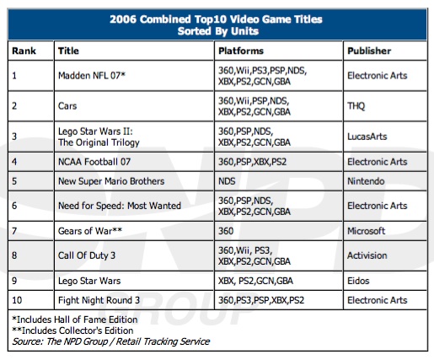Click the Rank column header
pyautogui.click(x=24, y=51)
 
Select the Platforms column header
pyautogui.click(x=241, y=51)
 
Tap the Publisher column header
pyautogui.click(x=369, y=51)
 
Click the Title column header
pyautogui.click(x=68, y=51)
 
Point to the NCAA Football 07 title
pyautogui.click(x=94, y=162)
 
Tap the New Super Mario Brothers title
pyautogui.click(x=111, y=181)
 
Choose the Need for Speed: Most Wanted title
pyautogui.click(x=120, y=206)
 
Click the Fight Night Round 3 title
pyautogui.click(x=99, y=300)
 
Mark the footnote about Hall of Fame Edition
pyautogui.click(x=75, y=320)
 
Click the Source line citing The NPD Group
pyautogui.click(x=111, y=341)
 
